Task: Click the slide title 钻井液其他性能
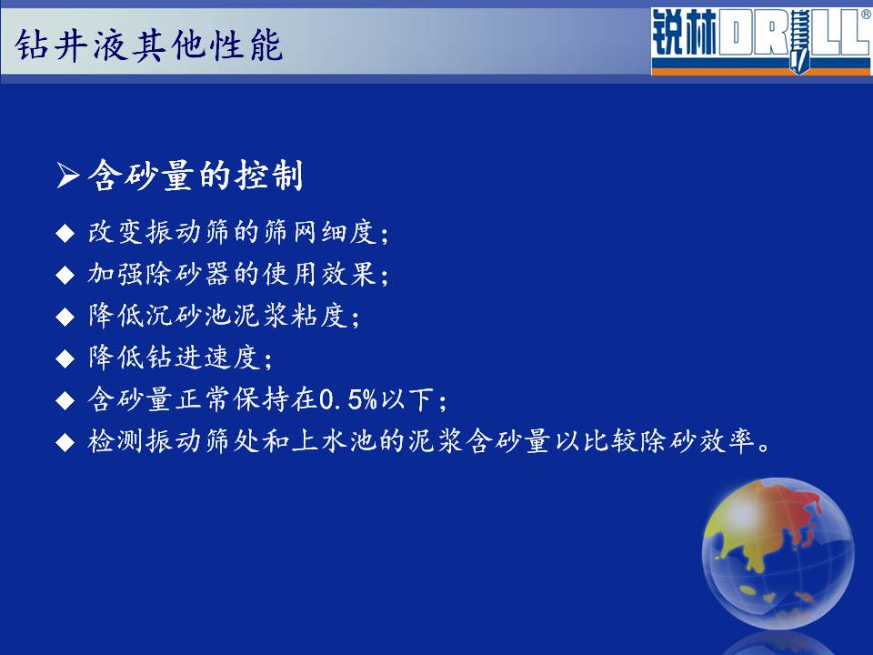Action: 148,45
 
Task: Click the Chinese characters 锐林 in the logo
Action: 684,34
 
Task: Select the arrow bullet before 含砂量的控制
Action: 68,176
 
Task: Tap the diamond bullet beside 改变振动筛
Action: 65,233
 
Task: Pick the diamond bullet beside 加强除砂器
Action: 65,275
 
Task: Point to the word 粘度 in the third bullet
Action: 319,316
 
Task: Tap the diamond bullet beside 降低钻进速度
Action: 65,358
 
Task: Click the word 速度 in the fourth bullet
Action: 231,357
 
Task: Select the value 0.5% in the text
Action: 348,399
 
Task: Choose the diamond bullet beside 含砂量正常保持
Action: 65,400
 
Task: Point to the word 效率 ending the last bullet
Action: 727,440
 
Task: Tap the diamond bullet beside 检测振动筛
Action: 65,442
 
